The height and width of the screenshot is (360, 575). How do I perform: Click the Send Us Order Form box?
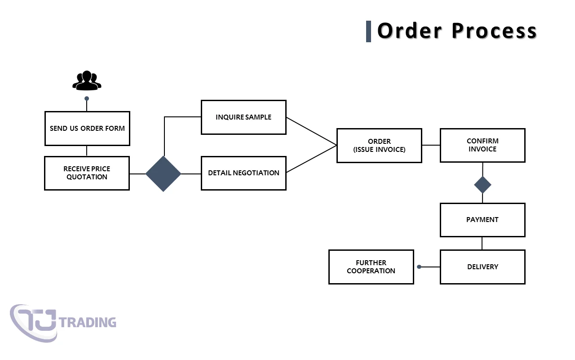click(87, 129)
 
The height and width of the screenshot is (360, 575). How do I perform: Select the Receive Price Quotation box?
click(87, 173)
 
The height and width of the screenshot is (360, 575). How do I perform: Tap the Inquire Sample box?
click(243, 117)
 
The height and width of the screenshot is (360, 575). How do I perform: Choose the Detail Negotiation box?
click(243, 173)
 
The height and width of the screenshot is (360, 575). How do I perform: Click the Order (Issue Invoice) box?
click(379, 145)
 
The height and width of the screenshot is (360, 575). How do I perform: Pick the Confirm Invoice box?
click(482, 145)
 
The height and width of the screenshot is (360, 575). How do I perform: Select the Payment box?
click(482, 220)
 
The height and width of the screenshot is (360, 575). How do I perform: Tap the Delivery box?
click(482, 267)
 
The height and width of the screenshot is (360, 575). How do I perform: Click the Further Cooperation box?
click(371, 267)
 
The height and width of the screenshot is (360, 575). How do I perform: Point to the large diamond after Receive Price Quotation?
click(164, 173)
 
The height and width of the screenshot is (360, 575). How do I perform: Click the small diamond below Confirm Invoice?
click(482, 185)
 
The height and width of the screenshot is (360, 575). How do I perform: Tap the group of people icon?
click(87, 80)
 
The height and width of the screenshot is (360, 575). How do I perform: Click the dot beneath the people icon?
click(87, 98)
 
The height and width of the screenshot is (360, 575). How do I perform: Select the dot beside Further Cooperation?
click(419, 267)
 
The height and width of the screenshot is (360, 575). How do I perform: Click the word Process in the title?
click(494, 31)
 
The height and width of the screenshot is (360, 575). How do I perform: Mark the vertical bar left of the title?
click(369, 31)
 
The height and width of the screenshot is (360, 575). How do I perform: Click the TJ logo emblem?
click(34, 323)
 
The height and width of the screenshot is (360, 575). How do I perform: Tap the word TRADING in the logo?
click(88, 322)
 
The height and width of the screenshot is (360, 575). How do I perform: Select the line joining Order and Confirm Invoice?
click(431, 145)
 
